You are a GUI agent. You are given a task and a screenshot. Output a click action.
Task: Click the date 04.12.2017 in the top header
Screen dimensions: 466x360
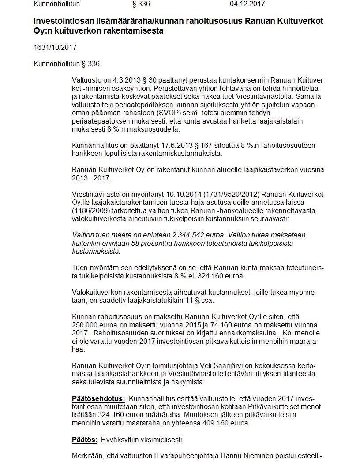(247, 4)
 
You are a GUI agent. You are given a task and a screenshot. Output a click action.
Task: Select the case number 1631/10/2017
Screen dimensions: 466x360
(52, 47)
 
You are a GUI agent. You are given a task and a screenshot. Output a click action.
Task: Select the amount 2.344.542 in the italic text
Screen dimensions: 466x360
(165, 235)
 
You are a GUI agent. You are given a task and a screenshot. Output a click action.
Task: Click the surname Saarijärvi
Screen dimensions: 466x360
(244, 365)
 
